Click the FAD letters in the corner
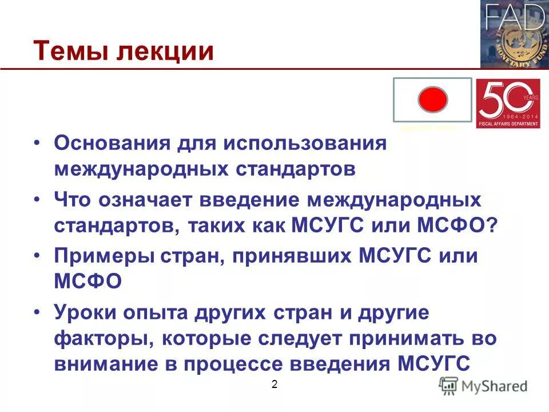(514, 17)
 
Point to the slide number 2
(274, 385)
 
